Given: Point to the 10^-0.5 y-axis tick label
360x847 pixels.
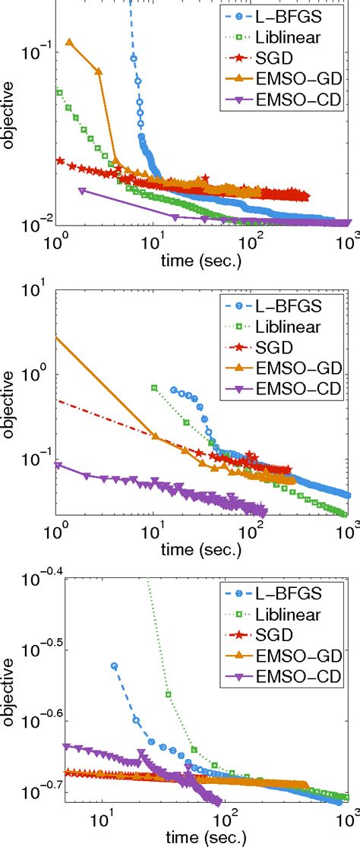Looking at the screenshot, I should coord(39,649).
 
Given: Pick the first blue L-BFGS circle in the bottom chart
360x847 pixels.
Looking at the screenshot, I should coord(115,665).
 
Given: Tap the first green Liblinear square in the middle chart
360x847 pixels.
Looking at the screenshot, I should coord(154,387).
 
